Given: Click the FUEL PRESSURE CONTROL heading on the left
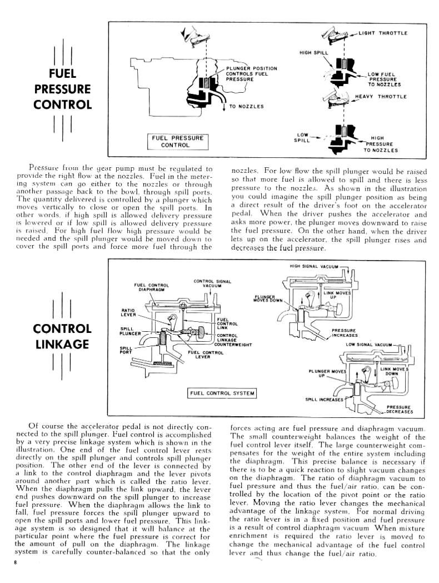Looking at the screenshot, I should coord(63,88).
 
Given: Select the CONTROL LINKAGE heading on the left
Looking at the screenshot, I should coord(63,336).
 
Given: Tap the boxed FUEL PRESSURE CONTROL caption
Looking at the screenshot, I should coord(176,141).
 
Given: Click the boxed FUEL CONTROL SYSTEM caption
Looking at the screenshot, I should coord(222,393).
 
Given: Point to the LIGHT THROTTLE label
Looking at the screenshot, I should coord(383,33).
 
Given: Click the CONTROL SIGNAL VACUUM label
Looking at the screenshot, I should coord(208,283).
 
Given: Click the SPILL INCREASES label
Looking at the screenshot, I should coord(325,399).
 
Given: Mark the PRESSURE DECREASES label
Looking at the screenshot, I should coord(400,409).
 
